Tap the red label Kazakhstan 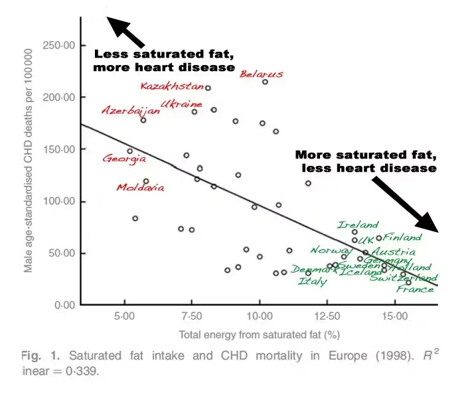pos(172,86)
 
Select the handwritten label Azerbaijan pos(130,111)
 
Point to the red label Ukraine pos(181,105)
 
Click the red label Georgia pos(124,159)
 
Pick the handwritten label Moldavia pos(140,188)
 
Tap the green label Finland pos(402,237)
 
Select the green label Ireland pos(358,225)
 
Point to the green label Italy pos(312,281)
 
